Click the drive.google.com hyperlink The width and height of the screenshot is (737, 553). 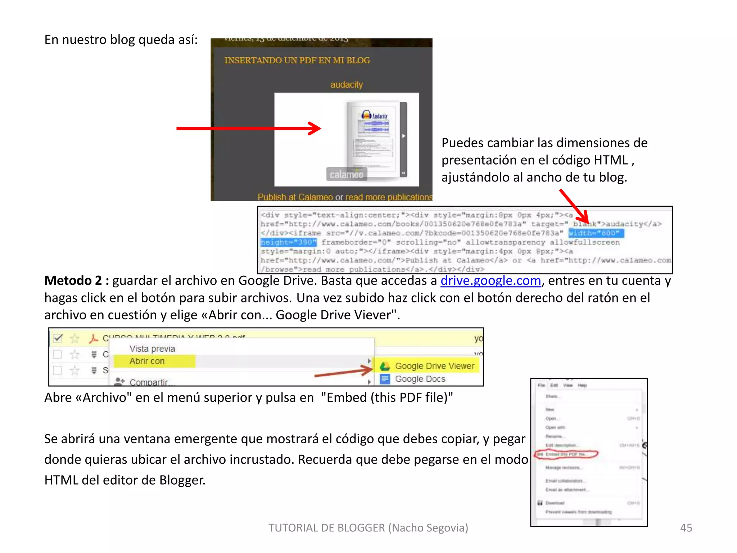(x=490, y=280)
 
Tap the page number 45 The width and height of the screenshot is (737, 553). (x=686, y=527)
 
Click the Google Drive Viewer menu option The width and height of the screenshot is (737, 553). (x=434, y=366)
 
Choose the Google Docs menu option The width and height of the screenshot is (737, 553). (x=420, y=379)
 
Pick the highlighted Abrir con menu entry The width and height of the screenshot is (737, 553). (x=147, y=361)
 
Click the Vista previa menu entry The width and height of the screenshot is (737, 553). (x=152, y=349)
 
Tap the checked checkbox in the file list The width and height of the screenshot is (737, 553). (x=58, y=338)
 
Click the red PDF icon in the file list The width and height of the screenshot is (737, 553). (x=93, y=338)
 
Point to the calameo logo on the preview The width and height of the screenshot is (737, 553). (x=346, y=175)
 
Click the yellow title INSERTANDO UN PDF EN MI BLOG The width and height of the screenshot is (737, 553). (x=297, y=60)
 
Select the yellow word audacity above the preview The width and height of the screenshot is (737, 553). (x=347, y=85)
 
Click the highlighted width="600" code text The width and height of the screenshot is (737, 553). (x=596, y=233)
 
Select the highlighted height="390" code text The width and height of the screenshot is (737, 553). (x=288, y=242)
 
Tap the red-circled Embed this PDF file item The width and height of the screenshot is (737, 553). (x=566, y=454)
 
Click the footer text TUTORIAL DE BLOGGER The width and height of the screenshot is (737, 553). (x=368, y=527)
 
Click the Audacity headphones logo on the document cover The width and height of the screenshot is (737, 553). (x=366, y=115)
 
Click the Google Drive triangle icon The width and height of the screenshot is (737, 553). (x=385, y=366)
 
